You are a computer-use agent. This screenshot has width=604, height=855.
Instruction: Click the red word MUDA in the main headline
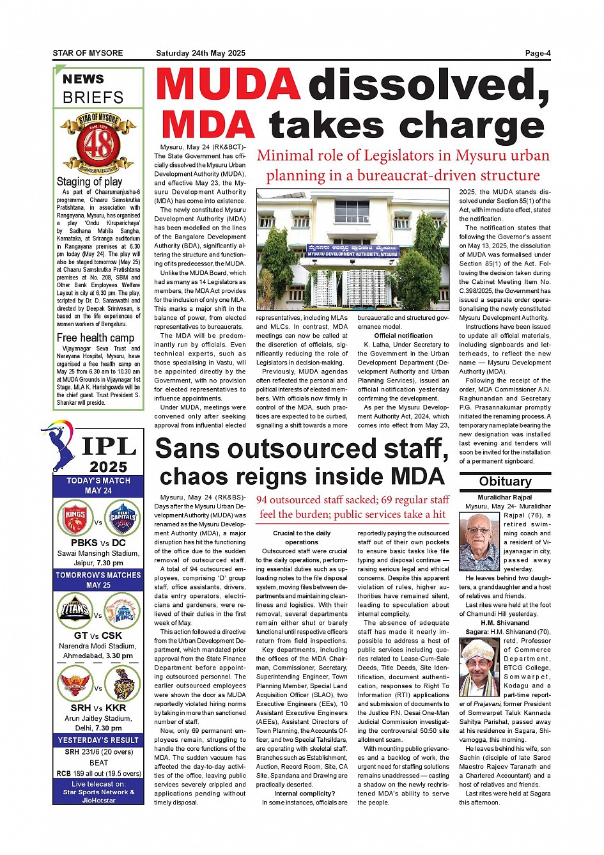228,84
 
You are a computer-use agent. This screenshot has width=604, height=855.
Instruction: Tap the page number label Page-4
537,53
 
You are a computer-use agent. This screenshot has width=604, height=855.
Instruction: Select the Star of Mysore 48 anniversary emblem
98,143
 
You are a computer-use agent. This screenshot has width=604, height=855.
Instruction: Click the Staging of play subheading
89,182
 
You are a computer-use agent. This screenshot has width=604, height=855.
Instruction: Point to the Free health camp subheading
95,338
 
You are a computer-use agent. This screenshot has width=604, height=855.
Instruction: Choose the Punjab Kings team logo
75,517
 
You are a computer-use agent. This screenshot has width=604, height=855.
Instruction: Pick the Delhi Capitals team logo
123,517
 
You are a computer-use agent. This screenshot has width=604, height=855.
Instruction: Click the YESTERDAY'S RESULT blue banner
98,740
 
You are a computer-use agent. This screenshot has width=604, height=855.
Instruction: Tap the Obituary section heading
505,482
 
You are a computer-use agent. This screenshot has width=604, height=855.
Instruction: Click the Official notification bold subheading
403,336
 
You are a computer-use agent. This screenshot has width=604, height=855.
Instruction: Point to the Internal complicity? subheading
305,794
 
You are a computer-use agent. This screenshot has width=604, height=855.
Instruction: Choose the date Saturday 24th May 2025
201,53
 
